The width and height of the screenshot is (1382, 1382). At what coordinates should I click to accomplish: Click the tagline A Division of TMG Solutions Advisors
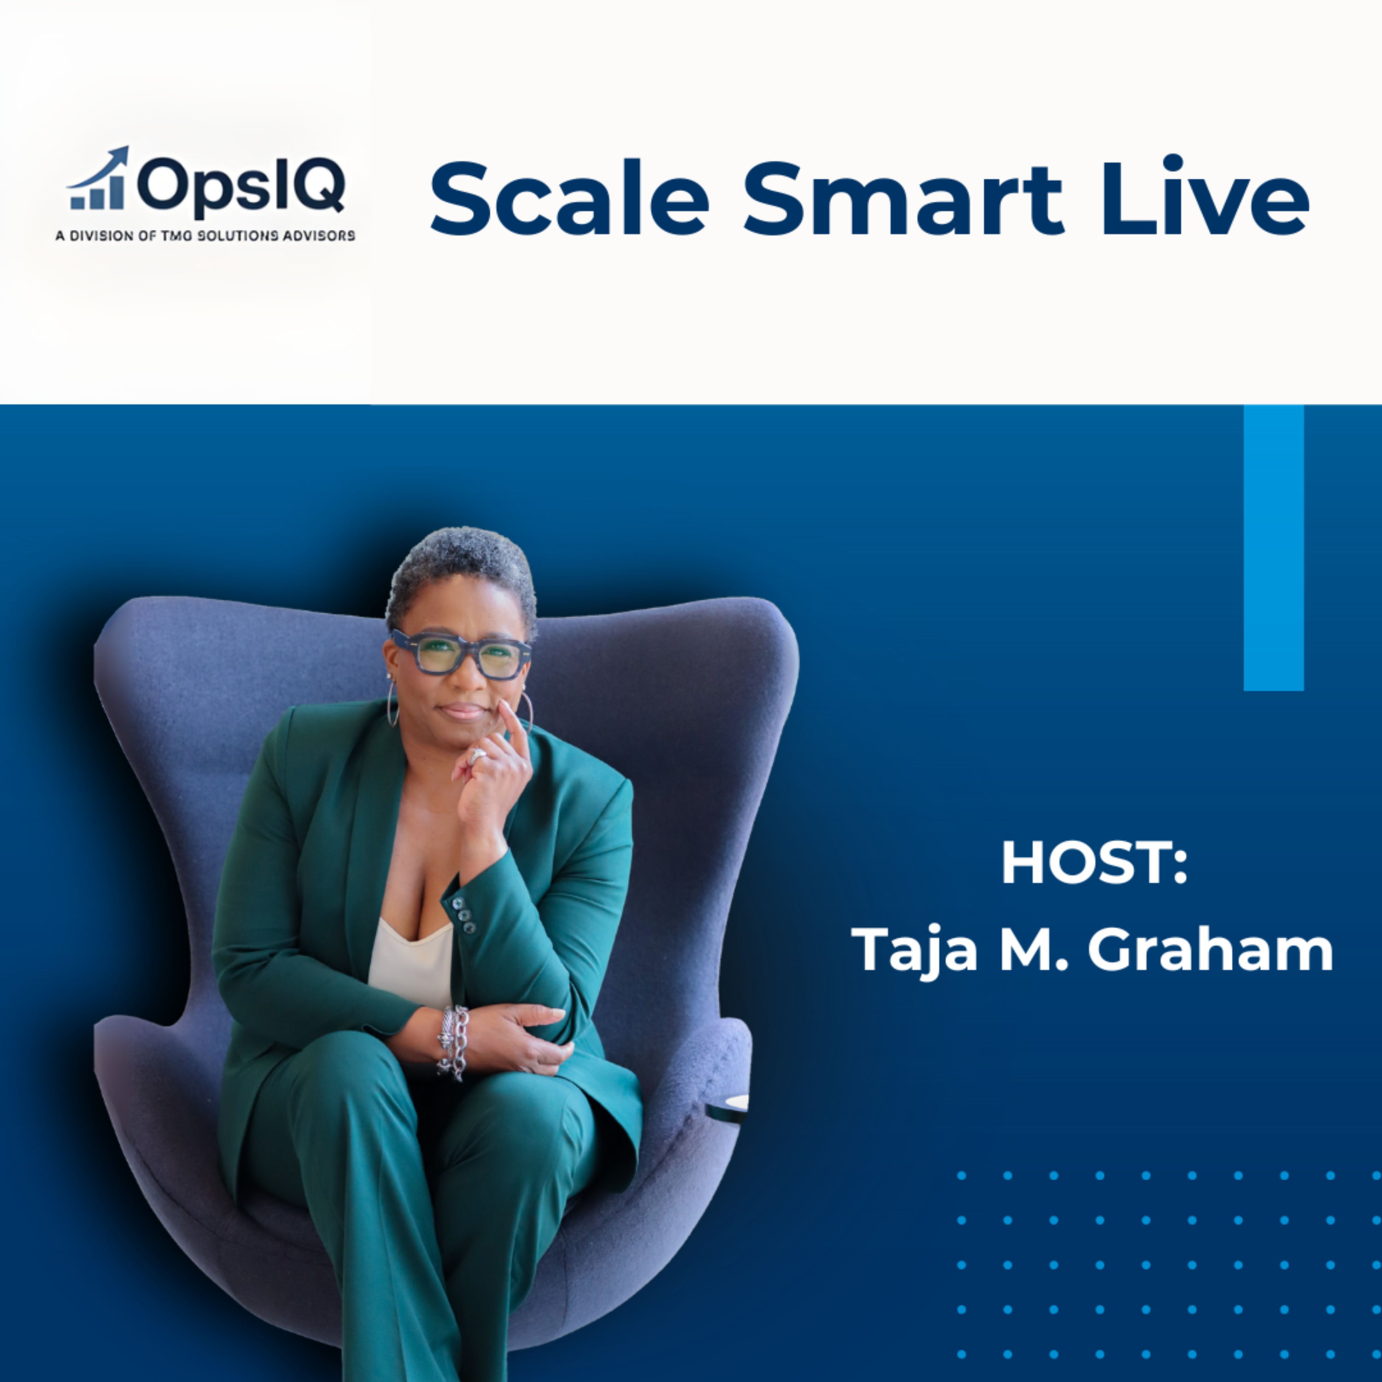point(205,235)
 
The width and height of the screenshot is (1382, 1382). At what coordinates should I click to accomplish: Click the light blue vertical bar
point(1273,547)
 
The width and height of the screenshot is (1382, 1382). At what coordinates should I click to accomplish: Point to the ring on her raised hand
point(478,756)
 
